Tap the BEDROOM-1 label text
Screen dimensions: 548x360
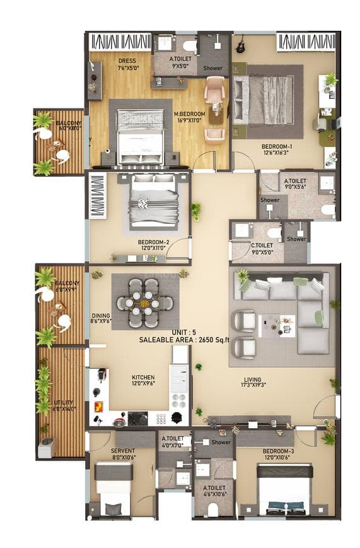pos(276,146)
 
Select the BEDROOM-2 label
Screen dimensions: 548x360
pos(154,242)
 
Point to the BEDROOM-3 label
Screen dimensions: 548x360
pos(277,451)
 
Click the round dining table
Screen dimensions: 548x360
pos(145,303)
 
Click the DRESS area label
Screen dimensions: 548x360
pos(127,61)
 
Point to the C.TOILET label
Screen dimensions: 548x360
pos(262,246)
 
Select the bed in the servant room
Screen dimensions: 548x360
pos(113,489)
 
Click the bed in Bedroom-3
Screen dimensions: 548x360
pos(285,492)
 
